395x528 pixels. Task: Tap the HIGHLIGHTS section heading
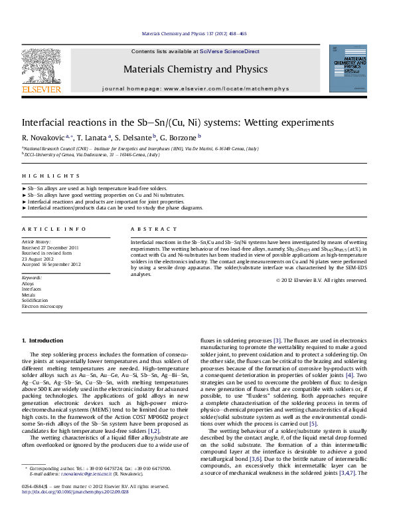[41, 176]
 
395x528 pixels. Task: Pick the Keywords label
[32, 276]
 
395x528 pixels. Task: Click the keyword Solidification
[35, 300]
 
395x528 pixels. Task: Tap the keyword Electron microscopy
[42, 306]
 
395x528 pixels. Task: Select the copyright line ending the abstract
[321, 280]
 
